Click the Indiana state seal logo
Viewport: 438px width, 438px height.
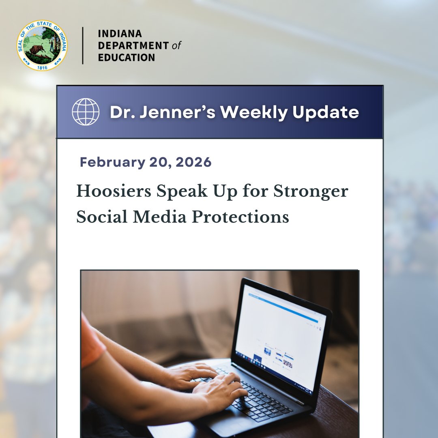[x=42, y=45]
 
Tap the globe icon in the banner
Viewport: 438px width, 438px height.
[x=86, y=112]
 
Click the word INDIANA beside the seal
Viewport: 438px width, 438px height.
[x=120, y=34]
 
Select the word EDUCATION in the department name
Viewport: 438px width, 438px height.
[x=127, y=58]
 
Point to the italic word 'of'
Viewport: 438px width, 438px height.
[x=176, y=46]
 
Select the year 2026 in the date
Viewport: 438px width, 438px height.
[x=195, y=162]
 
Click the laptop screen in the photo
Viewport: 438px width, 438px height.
[x=280, y=337]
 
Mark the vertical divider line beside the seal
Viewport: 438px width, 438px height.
[x=83, y=45]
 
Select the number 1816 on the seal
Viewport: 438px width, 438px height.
[x=42, y=67]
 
